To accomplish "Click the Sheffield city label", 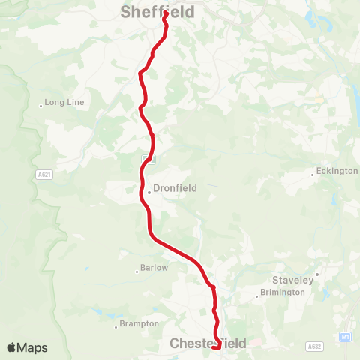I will pos(157,12).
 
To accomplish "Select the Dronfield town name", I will pos(175,189).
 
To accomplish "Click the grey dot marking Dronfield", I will pos(149,192).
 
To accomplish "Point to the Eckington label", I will pos(337,171).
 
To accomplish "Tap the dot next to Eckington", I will pos(313,175).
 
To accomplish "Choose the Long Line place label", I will pos(64,102).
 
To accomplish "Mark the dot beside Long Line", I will pos(41,106).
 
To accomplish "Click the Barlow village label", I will pos(154,268).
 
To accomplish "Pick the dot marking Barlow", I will pos(136,271).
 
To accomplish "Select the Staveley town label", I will pos(292,280).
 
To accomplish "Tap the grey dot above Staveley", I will pos(317,274).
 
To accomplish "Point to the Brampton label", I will pos(139,324).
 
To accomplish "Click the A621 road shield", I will pos(44,174).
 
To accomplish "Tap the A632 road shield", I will pos(315,346).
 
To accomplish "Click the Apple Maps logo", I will pos(27,347).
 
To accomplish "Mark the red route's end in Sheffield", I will pos(165,13).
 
